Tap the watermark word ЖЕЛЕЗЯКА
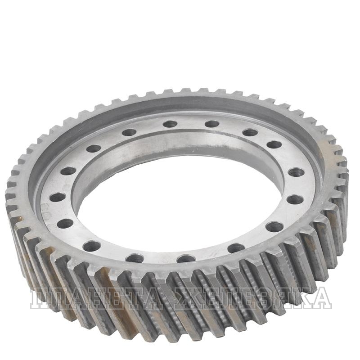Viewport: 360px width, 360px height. coord(252,298)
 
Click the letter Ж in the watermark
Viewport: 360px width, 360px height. coord(186,298)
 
